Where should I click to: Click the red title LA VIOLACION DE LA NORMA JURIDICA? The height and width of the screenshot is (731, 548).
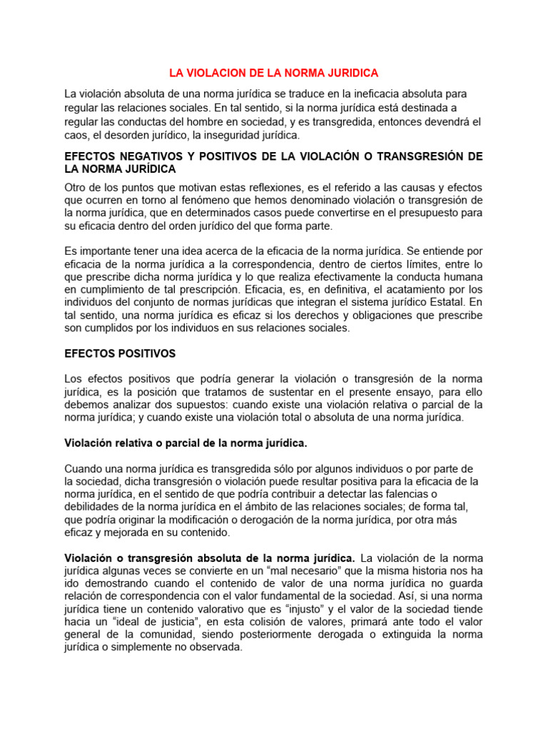(273, 73)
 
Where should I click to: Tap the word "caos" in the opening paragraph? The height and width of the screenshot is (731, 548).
(76, 135)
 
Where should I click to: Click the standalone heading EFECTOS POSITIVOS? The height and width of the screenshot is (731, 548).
(120, 353)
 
